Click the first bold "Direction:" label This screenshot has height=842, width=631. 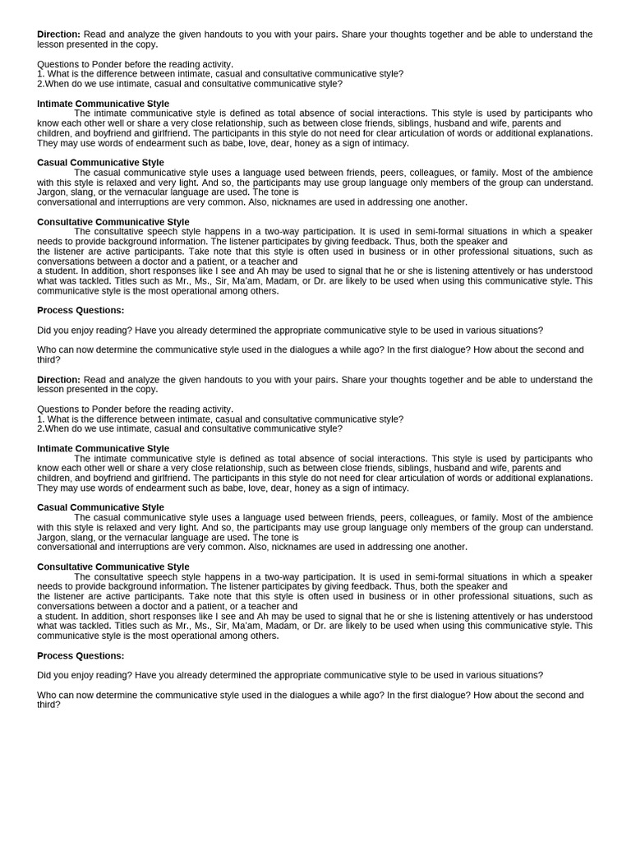click(58, 35)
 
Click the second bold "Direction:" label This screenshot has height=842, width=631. click(58, 380)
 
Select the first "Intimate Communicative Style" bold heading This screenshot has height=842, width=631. click(103, 104)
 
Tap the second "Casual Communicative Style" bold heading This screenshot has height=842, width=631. click(100, 507)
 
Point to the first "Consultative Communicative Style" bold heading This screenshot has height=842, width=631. click(113, 222)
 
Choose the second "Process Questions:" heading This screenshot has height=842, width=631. click(81, 655)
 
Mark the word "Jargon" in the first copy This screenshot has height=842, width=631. click(52, 192)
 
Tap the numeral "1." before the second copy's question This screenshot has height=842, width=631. click(41, 419)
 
